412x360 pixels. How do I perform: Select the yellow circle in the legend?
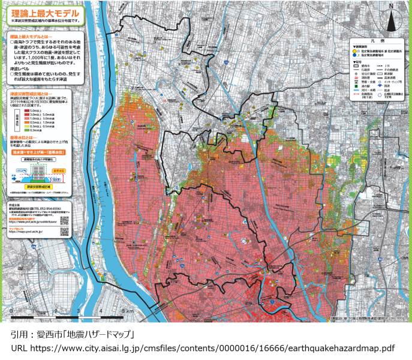coord(354,52)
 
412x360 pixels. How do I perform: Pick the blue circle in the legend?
coord(354,56)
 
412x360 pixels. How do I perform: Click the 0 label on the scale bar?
coord(11,311)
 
